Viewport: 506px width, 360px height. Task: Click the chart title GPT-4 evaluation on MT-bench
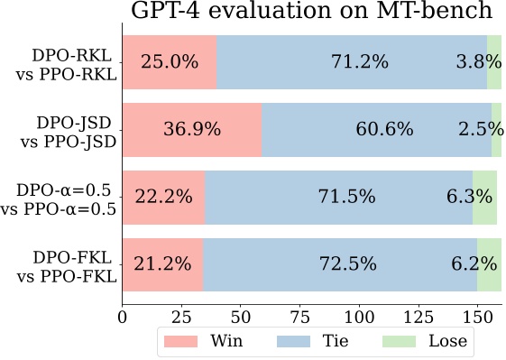click(x=311, y=12)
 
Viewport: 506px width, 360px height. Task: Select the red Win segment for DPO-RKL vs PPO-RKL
click(x=169, y=62)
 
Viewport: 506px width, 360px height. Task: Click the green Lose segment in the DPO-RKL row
click(x=494, y=62)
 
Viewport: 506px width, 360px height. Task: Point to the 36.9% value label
click(x=192, y=130)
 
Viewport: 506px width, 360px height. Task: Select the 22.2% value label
click(x=162, y=197)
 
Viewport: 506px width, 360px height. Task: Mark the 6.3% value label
click(x=469, y=197)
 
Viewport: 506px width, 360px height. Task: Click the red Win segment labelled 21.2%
click(x=162, y=264)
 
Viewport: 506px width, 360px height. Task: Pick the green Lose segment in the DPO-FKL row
click(x=489, y=264)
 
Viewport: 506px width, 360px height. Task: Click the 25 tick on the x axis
click(x=181, y=317)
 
